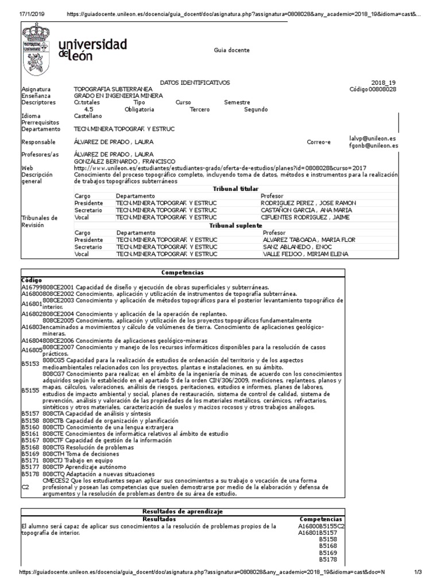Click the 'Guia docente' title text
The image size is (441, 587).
pyautogui.click(x=232, y=50)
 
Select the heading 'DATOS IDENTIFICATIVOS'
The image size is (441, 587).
pyautogui.click(x=194, y=83)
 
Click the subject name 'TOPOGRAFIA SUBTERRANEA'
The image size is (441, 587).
pyautogui.click(x=113, y=89)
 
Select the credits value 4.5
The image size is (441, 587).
pyautogui.click(x=88, y=109)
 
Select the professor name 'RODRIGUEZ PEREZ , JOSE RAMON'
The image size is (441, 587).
pyautogui.click(x=308, y=203)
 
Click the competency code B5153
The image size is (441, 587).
pyautogui.click(x=30, y=363)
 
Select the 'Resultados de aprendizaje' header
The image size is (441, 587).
pyautogui.click(x=182, y=511)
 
